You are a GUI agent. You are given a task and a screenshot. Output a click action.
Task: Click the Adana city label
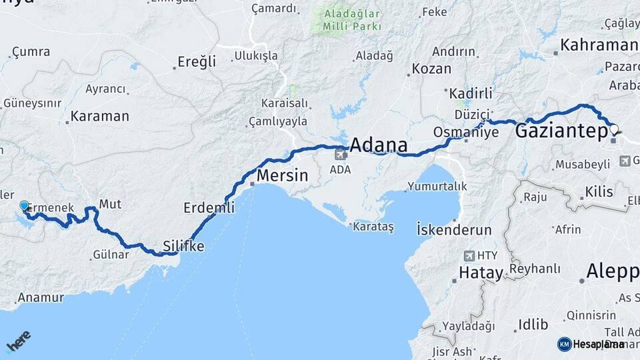point(378,145)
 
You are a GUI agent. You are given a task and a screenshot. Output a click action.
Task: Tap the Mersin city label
point(283,177)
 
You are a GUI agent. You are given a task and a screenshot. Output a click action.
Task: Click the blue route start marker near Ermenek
point(25,206)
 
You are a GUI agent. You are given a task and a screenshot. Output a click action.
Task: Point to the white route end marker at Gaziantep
point(613,129)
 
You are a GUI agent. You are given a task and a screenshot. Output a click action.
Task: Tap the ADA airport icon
point(341,155)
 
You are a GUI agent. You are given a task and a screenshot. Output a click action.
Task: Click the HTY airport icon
point(469,255)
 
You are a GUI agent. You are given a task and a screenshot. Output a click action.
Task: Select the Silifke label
point(183,246)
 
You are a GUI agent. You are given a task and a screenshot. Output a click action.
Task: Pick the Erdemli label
point(209,208)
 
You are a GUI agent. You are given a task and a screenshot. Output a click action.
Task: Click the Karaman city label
point(99,115)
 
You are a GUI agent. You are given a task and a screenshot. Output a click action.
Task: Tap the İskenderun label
point(454,230)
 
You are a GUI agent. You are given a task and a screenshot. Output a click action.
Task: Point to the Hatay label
point(480,272)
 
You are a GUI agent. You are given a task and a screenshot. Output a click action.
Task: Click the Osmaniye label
point(466,132)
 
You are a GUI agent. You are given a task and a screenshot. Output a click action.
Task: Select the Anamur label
point(41,297)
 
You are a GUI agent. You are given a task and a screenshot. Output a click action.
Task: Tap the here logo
point(18,342)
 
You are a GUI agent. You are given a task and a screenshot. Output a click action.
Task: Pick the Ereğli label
point(197,62)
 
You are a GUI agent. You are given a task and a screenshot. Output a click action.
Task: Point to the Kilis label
point(599,192)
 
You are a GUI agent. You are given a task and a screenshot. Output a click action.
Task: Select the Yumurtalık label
point(437,186)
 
